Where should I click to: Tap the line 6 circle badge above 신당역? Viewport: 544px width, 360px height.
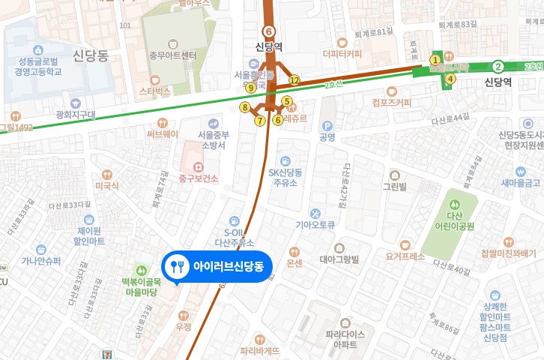click(268, 31)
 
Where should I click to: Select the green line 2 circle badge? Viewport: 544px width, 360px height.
click(497, 67)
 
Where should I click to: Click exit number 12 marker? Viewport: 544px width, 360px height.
click(294, 80)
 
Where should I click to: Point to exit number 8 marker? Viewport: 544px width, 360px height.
click(244, 107)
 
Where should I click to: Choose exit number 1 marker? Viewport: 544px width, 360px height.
click(434, 60)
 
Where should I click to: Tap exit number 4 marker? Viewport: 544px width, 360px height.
click(450, 78)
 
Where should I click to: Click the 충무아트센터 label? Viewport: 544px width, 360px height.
click(173, 55)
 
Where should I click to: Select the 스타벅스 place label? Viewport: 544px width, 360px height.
click(155, 91)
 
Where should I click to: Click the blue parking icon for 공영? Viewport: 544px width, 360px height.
click(326, 126)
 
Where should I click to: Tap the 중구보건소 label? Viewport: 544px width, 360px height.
click(198, 178)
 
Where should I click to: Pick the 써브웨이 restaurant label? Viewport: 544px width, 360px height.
click(162, 134)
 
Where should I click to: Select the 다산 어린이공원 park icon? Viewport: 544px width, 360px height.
click(453, 203)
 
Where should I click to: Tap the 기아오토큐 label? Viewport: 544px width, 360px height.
click(315, 223)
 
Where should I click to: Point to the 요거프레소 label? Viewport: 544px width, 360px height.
click(405, 255)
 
